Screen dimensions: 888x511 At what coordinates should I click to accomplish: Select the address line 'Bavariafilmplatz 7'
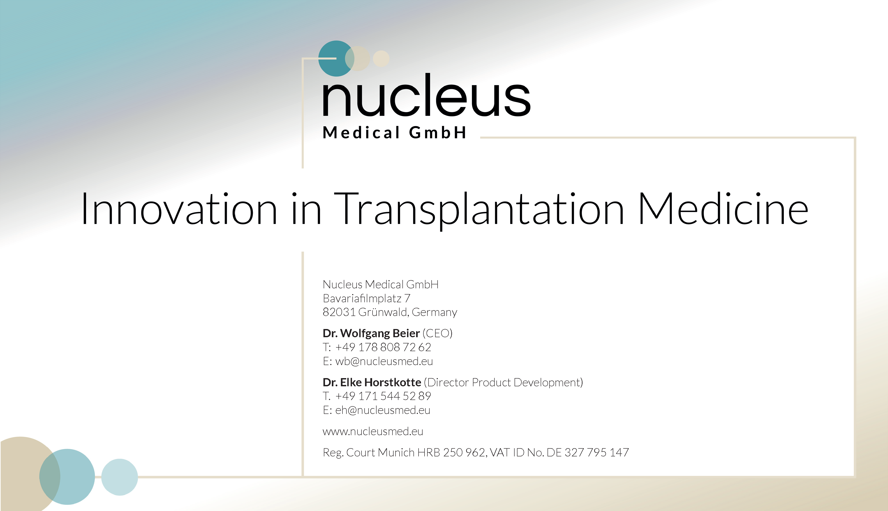pos(366,298)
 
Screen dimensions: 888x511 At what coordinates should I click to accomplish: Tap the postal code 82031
pos(339,312)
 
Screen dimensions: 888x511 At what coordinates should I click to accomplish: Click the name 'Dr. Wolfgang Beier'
pos(371,333)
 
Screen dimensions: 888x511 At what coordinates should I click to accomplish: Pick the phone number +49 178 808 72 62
pos(383,347)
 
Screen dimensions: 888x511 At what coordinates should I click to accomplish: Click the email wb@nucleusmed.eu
pos(384,361)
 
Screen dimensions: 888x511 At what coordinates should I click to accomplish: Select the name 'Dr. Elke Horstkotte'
pos(372,382)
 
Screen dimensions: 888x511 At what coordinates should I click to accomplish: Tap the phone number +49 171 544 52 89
pos(383,396)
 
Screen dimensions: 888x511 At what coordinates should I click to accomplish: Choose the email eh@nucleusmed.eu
pos(383,410)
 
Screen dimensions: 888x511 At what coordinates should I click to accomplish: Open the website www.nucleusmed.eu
pos(373,431)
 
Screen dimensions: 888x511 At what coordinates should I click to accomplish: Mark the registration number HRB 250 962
pos(451,452)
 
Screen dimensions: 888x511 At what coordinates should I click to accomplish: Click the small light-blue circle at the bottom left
pos(119,477)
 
